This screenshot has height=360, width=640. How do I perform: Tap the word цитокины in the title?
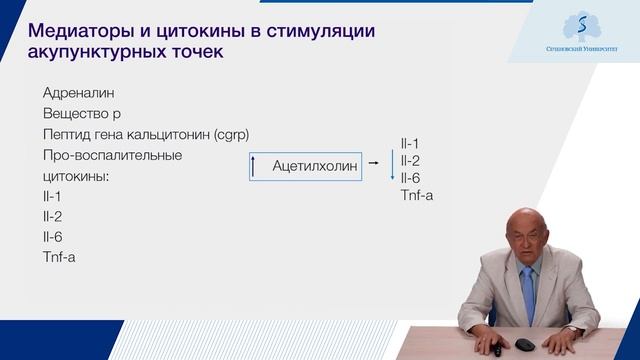(197, 30)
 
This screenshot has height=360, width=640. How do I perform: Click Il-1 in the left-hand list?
(52, 196)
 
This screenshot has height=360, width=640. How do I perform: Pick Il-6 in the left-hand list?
(53, 237)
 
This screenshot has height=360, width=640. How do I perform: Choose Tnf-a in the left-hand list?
(59, 258)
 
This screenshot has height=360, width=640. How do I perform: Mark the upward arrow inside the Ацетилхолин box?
(254, 167)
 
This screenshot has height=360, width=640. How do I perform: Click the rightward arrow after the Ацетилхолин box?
(373, 162)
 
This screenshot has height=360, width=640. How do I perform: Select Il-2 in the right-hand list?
(409, 160)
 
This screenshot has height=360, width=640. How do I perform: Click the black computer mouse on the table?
(524, 345)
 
